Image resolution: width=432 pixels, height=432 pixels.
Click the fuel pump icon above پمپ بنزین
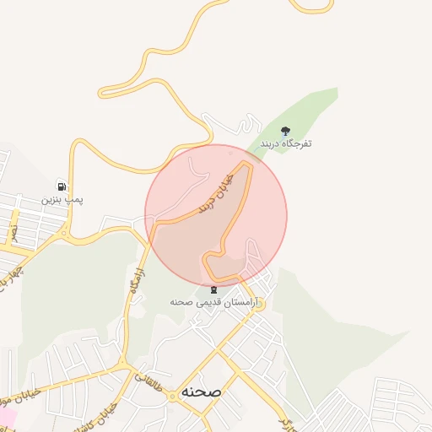coord(61,186)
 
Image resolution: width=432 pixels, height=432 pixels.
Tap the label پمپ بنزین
coord(62,200)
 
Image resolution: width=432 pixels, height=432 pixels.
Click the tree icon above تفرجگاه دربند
coord(285,131)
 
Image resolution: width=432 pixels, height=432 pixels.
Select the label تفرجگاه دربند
coord(286,144)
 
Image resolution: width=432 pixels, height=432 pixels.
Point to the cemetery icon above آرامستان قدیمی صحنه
coord(213,289)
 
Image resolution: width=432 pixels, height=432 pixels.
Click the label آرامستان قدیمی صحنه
coord(217,302)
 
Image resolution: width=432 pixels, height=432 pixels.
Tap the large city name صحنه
coord(201,393)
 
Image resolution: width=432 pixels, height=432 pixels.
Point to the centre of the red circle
coord(216,214)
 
